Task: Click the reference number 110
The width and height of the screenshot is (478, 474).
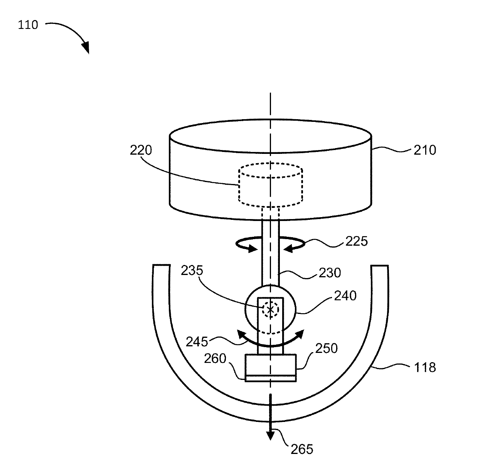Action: click(28, 25)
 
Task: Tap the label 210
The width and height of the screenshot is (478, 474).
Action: click(424, 150)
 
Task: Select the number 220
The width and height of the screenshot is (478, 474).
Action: click(141, 150)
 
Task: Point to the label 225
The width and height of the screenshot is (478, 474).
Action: click(357, 241)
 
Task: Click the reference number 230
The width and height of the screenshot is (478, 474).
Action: click(330, 273)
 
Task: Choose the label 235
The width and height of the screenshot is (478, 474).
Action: click(192, 270)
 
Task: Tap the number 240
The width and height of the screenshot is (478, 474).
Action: click(345, 296)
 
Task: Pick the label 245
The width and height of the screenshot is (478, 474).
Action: click(197, 342)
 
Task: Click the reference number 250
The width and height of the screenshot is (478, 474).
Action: click(327, 348)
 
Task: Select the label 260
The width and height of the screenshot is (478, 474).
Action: click(215, 359)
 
